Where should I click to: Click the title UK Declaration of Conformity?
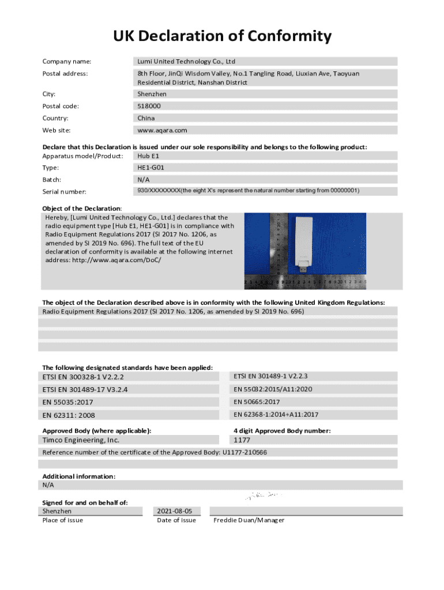tap(222, 37)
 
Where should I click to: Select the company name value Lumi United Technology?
tap(186, 61)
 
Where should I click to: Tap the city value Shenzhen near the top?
tap(152, 94)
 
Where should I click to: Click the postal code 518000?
tap(149, 106)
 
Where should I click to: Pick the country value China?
tap(146, 118)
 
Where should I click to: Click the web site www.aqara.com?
tap(162, 130)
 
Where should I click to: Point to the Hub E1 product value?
tap(148, 156)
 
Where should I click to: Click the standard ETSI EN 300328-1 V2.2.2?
tap(83, 377)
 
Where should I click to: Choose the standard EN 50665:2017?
tap(257, 402)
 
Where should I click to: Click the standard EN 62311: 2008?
tap(69, 415)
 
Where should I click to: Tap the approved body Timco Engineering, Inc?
tap(81, 440)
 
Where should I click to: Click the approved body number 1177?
tap(242, 440)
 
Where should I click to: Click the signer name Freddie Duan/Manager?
tap(249, 520)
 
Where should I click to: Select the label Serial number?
tap(65, 191)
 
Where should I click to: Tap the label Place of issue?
tap(63, 520)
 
